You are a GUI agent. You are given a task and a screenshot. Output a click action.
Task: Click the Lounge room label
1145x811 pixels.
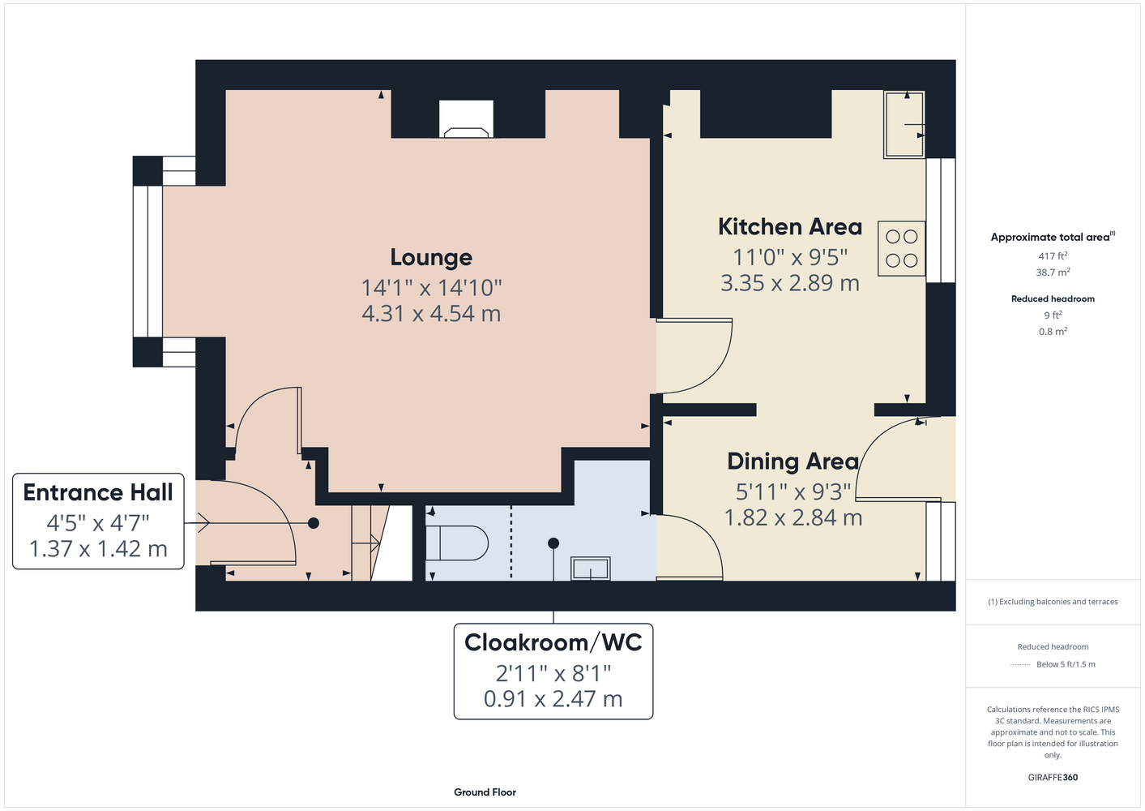point(431,257)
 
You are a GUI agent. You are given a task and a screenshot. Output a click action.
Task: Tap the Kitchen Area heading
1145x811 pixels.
point(790,226)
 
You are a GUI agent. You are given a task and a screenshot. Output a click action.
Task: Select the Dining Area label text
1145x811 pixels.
point(793,461)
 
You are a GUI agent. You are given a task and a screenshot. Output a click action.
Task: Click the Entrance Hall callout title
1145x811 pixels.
point(98,492)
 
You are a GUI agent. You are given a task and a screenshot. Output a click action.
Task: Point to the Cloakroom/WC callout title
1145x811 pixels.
point(553,642)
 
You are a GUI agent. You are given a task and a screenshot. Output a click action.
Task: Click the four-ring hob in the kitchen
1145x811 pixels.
point(902,249)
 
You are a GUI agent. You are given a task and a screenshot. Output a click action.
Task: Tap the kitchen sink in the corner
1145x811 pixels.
point(904,124)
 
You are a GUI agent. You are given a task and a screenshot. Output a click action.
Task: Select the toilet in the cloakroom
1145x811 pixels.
point(457,543)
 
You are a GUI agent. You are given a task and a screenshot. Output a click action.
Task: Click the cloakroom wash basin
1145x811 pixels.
point(591,569)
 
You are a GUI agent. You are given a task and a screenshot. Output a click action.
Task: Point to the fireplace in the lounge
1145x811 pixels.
point(466,119)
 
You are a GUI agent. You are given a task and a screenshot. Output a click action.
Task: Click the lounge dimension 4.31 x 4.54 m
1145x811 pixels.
point(431,314)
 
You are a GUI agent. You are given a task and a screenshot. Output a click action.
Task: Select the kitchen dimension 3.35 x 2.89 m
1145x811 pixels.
point(790,283)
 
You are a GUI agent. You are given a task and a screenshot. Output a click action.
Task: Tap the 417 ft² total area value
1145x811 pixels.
point(1053,255)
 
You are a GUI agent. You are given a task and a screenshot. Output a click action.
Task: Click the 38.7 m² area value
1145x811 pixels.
point(1053,272)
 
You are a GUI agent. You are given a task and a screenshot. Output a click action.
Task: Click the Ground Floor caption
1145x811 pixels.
point(485,792)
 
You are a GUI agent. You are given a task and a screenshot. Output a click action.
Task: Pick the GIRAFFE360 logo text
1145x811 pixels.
point(1053,777)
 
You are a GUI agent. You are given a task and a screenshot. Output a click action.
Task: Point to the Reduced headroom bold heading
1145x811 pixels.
point(1053,298)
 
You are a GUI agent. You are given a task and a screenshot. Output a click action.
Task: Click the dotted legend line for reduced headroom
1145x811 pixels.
point(1020,665)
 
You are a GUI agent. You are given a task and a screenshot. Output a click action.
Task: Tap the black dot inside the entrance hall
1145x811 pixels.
point(314,523)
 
